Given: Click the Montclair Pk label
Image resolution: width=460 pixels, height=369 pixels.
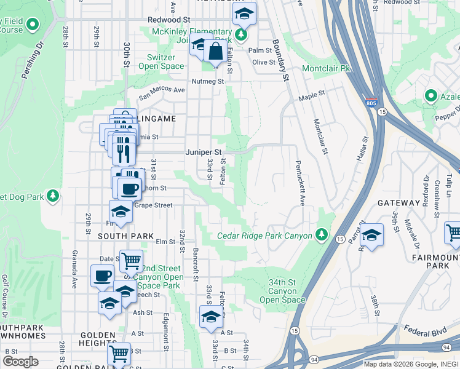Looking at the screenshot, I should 326,68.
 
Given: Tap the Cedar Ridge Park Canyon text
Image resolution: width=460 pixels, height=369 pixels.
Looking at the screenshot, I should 265,236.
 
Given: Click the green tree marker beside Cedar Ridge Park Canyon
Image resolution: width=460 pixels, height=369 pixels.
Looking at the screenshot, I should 321,234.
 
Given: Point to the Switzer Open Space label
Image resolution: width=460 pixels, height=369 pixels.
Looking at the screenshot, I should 161,61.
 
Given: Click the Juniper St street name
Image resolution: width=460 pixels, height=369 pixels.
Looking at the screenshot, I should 204,151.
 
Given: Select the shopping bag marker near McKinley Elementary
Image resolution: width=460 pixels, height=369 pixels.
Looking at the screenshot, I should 216,52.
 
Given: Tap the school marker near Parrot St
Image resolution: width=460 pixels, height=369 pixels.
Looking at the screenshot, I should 371,235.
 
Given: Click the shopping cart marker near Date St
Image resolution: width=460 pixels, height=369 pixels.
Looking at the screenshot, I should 131,261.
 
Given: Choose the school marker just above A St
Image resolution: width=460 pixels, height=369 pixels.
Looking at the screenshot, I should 211,317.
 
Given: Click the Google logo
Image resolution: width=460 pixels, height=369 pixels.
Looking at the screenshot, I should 20,362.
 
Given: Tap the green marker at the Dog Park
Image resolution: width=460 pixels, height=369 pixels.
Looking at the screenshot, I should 53,196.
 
